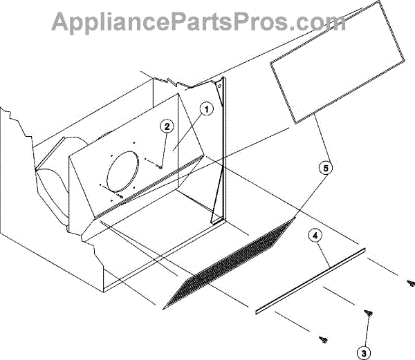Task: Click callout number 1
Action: pyautogui.click(x=206, y=108)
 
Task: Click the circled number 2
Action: pyautogui.click(x=167, y=126)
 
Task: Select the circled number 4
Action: pyautogui.click(x=315, y=236)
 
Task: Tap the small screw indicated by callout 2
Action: pyautogui.click(x=159, y=166)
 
